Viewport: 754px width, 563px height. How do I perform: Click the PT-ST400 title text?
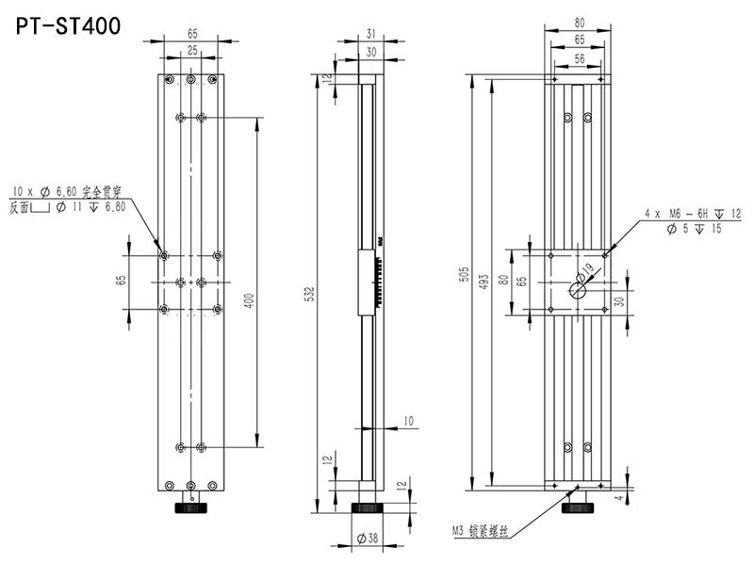tap(68, 26)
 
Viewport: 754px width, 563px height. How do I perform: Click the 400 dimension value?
tap(249, 300)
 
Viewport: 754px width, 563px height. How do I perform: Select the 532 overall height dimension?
tap(310, 294)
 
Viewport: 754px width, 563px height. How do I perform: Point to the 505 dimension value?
tap(465, 273)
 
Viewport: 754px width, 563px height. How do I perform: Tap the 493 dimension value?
tap(484, 281)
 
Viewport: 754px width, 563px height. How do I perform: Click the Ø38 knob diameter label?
tap(368, 538)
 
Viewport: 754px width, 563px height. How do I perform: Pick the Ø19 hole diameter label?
tap(584, 273)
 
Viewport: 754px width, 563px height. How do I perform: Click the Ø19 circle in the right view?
tap(578, 290)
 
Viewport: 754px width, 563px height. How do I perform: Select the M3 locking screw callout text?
tap(480, 531)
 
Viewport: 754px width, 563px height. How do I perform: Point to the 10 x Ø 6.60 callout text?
tap(67, 192)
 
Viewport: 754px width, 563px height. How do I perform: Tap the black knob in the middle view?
tap(368, 507)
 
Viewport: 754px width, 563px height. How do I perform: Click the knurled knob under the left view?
tap(191, 507)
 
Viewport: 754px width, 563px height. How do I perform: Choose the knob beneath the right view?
tap(578, 507)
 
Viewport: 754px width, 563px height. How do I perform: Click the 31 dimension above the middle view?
tap(370, 34)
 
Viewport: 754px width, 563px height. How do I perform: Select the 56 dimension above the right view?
tap(580, 58)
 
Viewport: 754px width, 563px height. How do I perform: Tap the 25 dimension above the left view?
tap(192, 50)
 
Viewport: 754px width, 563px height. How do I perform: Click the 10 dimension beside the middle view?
tap(408, 421)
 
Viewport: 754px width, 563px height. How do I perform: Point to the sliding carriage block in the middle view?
tap(367, 282)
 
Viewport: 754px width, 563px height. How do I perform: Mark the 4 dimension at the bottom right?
tap(620, 498)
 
